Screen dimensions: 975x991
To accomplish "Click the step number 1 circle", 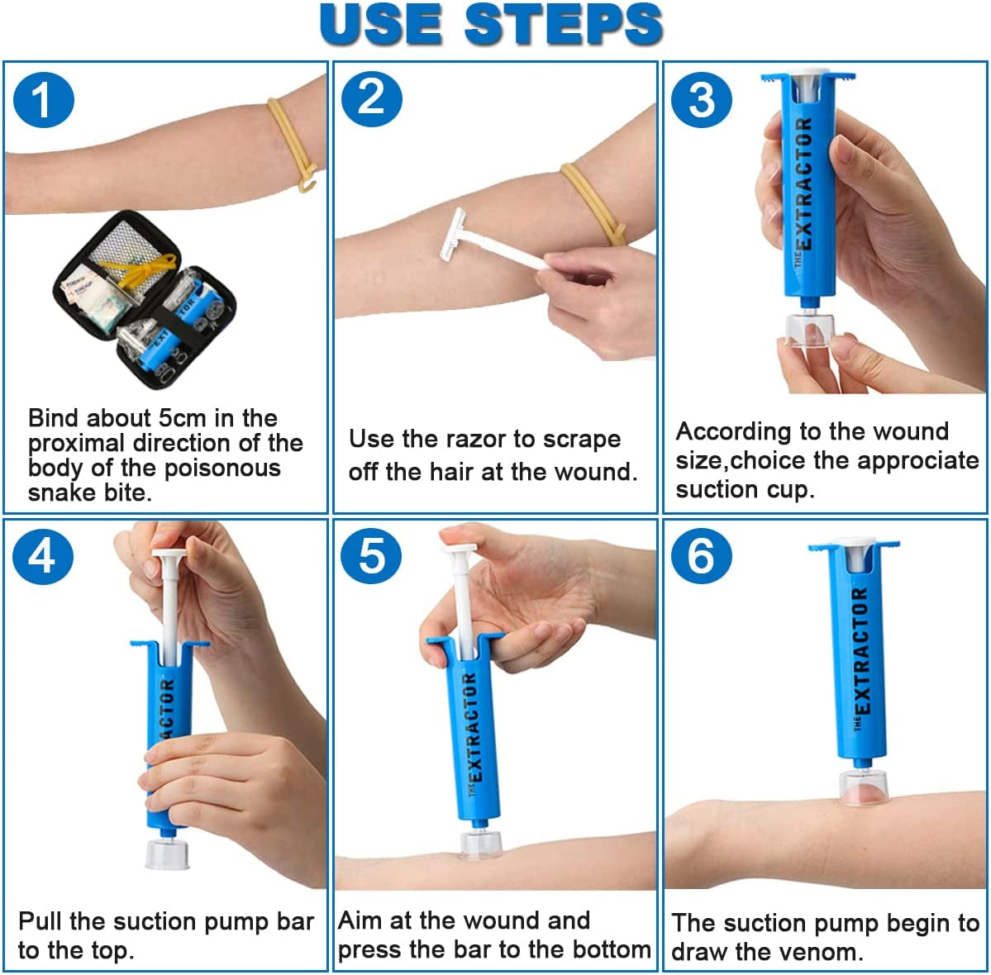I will (x=44, y=100).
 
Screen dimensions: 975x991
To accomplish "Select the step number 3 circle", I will (x=701, y=100).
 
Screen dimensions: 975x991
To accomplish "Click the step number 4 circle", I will (x=44, y=556).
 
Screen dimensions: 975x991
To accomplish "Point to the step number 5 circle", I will (x=372, y=556).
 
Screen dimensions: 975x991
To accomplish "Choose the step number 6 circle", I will (x=701, y=556).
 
